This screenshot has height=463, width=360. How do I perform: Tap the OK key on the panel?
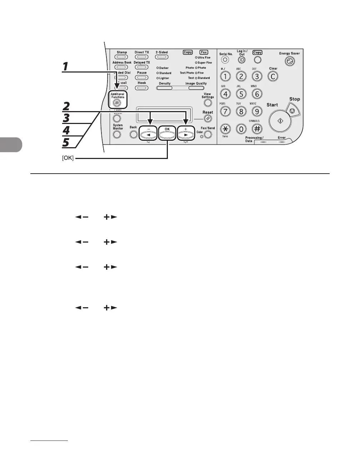pyautogui.click(x=167, y=134)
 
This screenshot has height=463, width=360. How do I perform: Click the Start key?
pyautogui.click(x=280, y=120)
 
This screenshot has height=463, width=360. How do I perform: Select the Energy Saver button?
pyautogui.click(x=289, y=62)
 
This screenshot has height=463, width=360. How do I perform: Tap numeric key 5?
pyautogui.click(x=241, y=94)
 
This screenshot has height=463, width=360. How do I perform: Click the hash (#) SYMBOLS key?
pyautogui.click(x=257, y=129)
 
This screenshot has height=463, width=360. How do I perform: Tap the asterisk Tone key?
pyautogui.click(x=225, y=129)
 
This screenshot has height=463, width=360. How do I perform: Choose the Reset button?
pyautogui.click(x=207, y=119)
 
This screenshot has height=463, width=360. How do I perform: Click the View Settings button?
pyautogui.click(x=207, y=103)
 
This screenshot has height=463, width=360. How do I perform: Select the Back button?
pyautogui.click(x=133, y=135)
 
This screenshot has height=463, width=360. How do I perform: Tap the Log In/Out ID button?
pyautogui.click(x=241, y=60)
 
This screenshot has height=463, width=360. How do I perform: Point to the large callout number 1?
pyautogui.click(x=65, y=66)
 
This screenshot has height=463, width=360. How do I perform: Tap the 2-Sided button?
pyautogui.click(x=162, y=57)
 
